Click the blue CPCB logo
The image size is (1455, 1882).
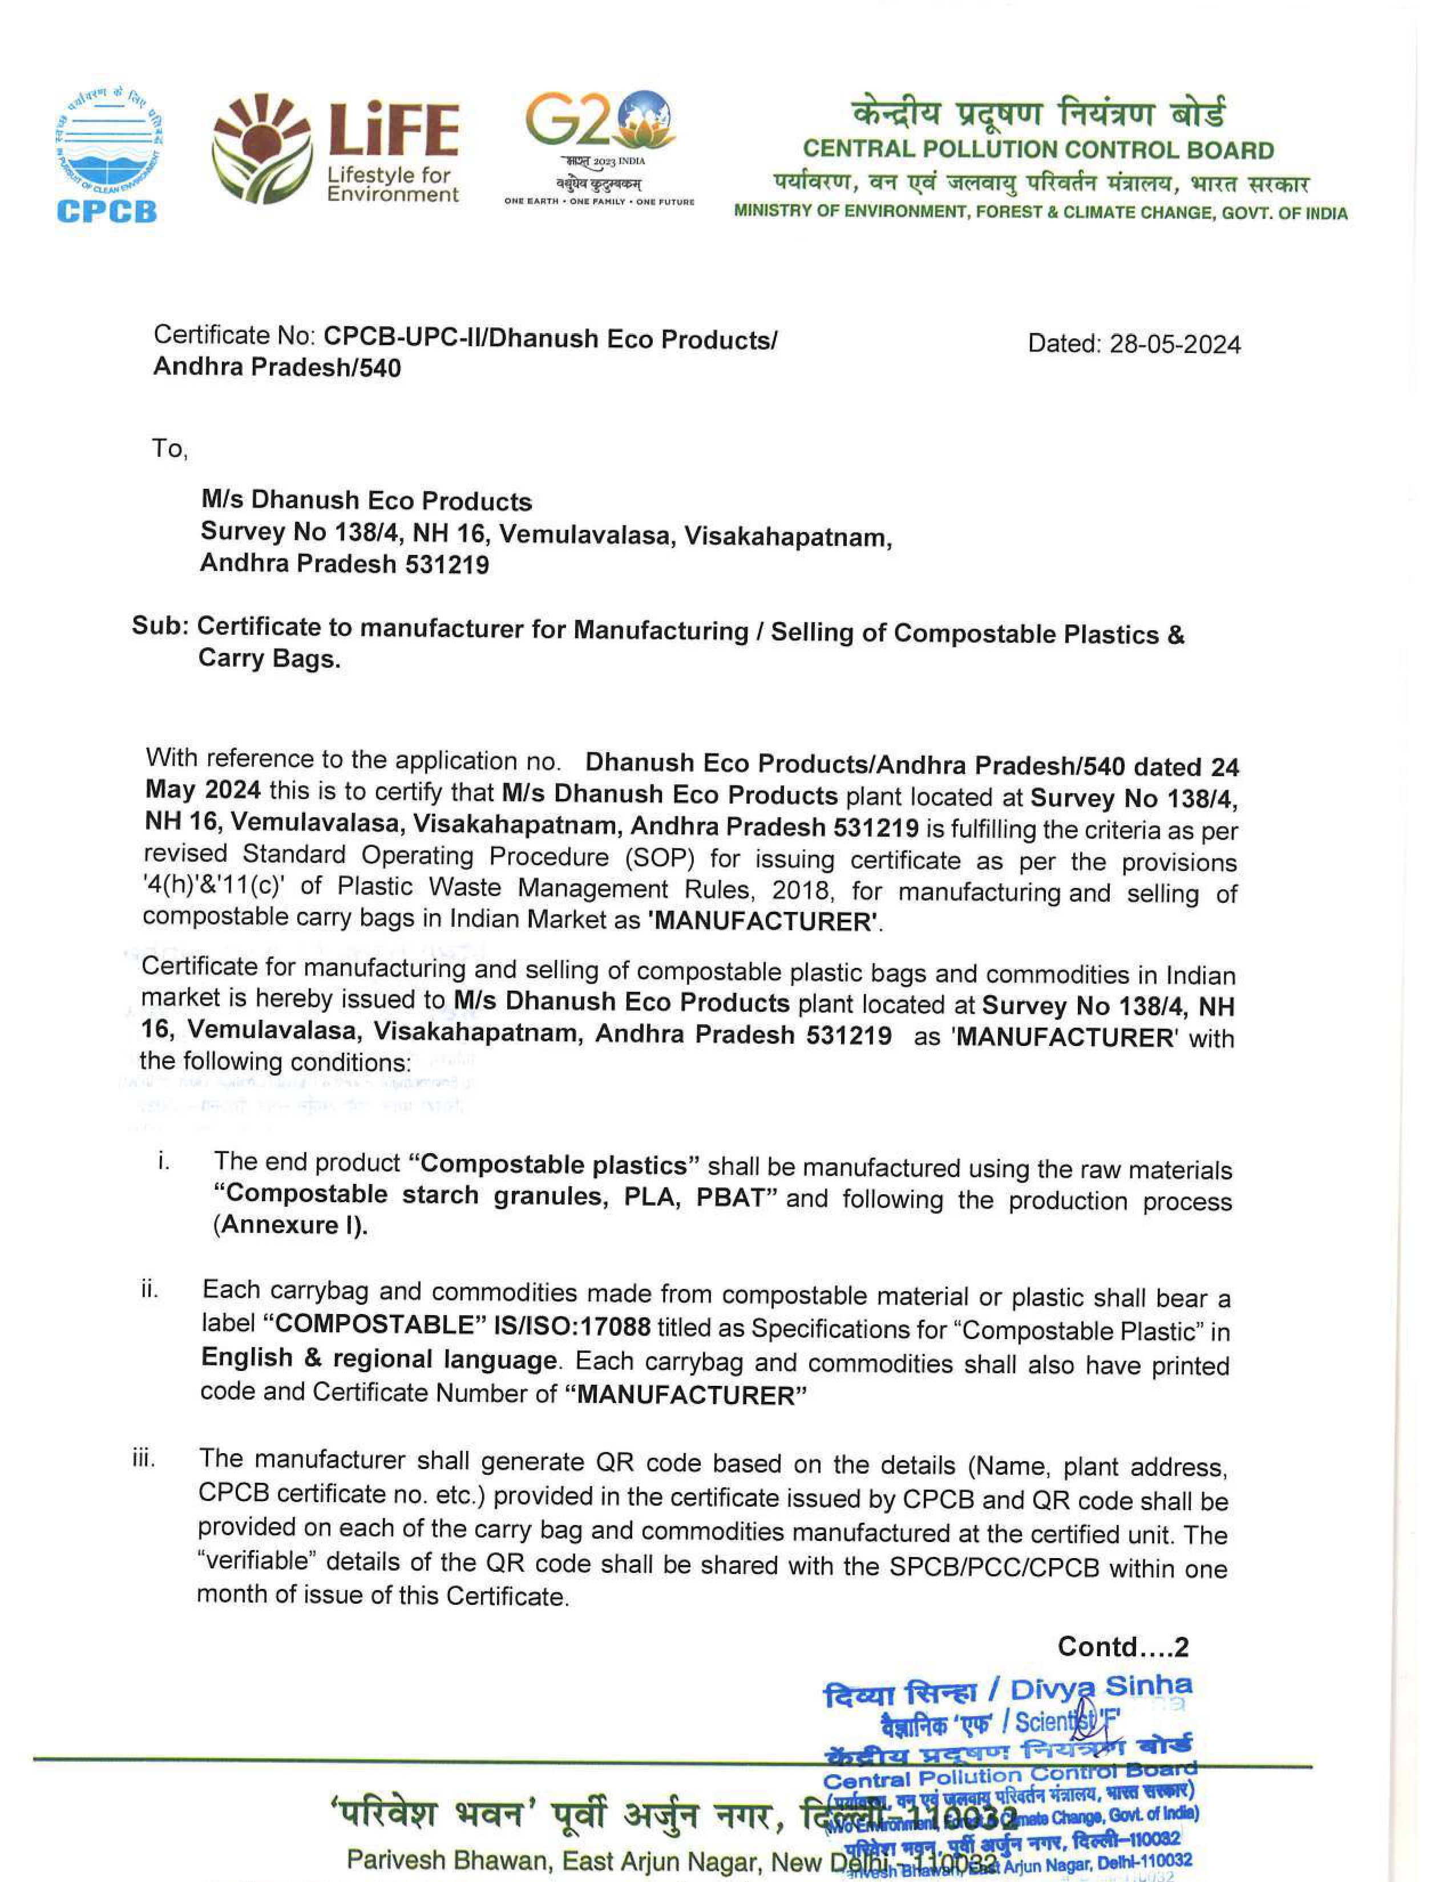(x=108, y=155)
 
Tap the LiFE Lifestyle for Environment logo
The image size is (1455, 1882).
(x=336, y=149)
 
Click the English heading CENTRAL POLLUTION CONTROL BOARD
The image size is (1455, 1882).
(x=1038, y=150)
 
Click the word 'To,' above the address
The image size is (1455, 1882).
(x=169, y=449)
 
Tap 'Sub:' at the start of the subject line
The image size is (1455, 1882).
(x=160, y=626)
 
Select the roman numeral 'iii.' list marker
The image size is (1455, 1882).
(x=143, y=1459)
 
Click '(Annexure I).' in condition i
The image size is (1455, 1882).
(x=290, y=1226)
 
